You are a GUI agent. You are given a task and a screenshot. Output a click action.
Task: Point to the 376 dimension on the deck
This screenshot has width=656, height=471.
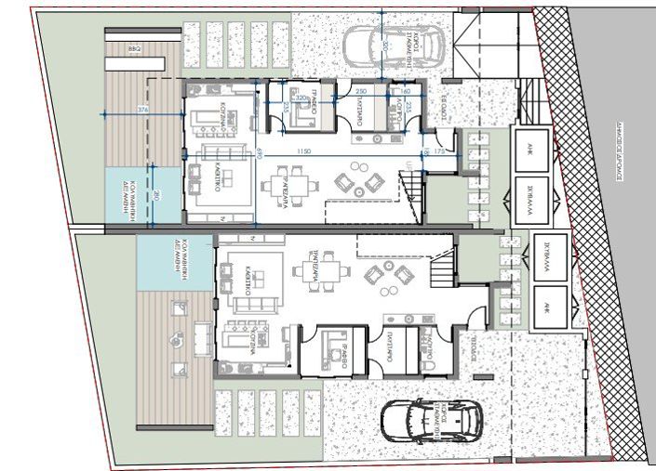tap(142, 110)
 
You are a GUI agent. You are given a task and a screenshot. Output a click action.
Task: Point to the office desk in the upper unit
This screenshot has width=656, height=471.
tap(302, 111)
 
